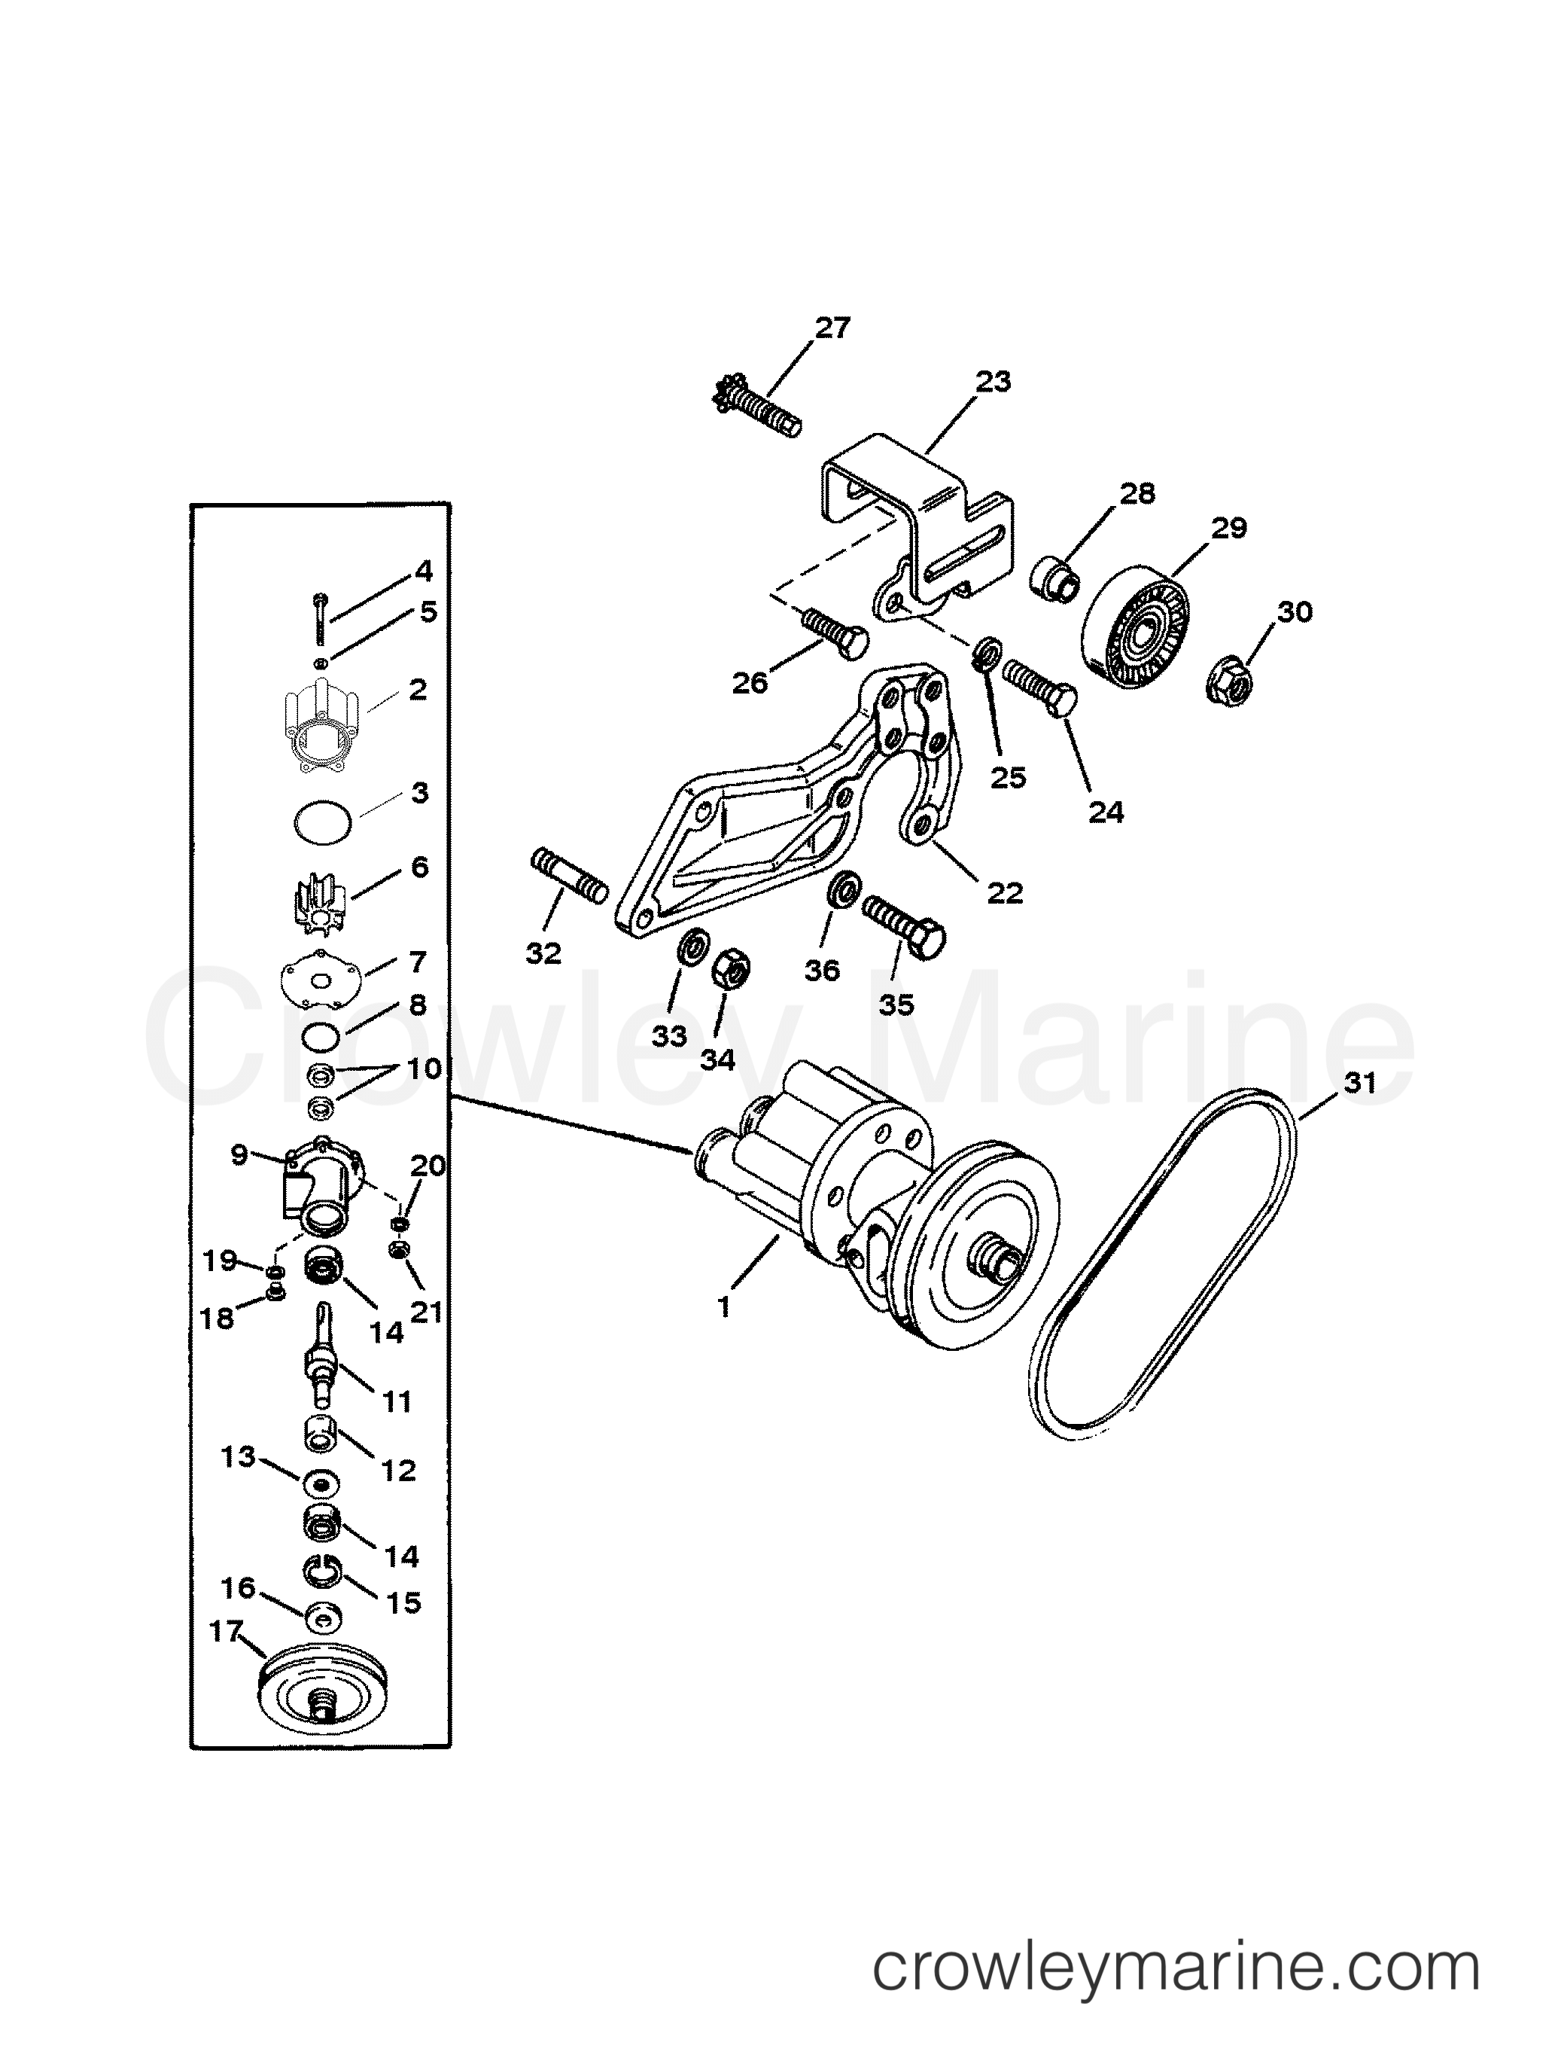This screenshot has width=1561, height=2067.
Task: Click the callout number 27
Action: pyautogui.click(x=832, y=328)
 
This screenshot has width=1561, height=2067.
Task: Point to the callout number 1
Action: pyautogui.click(x=724, y=1306)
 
